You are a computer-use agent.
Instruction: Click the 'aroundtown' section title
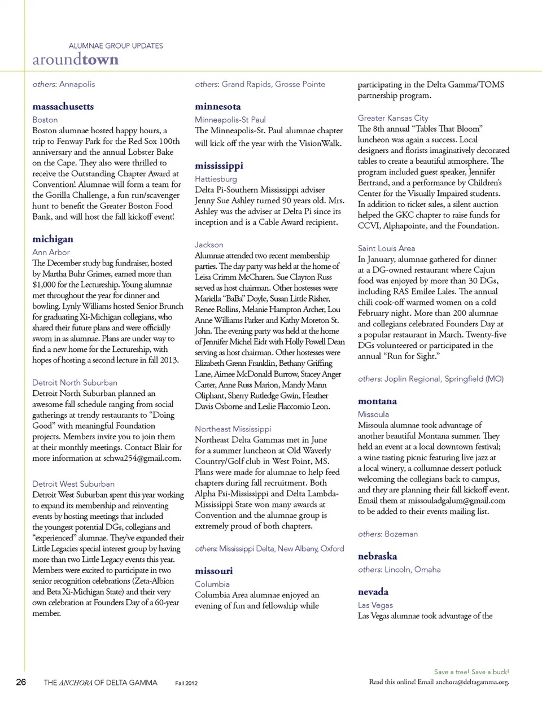pos(76,60)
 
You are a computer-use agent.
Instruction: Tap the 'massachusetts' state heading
pos(63,107)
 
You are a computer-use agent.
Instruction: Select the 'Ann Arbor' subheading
pos(51,252)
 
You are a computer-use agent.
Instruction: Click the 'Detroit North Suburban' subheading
pos(75,383)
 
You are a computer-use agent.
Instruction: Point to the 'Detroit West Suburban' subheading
pos(73,484)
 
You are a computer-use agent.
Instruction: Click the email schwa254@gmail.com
pos(142,459)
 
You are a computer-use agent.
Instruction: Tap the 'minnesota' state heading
pos(218,107)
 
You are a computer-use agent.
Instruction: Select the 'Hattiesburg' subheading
pos(216,179)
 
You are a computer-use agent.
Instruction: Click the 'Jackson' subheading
pos(209,245)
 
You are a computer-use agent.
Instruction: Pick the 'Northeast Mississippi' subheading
pos(233,429)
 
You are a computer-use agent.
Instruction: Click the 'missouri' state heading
pos(213,571)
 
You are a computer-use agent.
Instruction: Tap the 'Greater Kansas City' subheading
pos(393,118)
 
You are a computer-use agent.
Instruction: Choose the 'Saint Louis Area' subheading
pos(386,248)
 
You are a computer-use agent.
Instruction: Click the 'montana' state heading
pos(377,401)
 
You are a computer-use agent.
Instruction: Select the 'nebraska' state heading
pos(377,556)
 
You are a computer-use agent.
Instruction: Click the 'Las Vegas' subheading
pos(375,605)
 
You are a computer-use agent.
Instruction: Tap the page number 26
pos(21,682)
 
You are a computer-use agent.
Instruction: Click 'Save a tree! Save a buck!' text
pos(471,672)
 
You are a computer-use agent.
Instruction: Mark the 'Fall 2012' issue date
pos(186,683)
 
